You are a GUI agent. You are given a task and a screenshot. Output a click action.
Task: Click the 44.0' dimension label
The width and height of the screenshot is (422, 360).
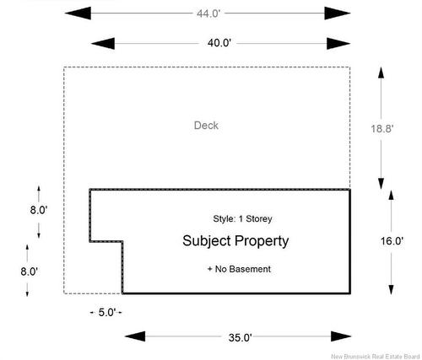pyautogui.click(x=208, y=13)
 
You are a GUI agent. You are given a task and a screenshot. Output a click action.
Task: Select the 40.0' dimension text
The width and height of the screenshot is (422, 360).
pyautogui.click(x=219, y=43)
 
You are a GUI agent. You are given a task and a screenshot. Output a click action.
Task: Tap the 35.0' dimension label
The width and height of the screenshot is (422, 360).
pyautogui.click(x=240, y=337)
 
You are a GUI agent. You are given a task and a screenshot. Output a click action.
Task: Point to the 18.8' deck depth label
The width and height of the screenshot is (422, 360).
pyautogui.click(x=381, y=129)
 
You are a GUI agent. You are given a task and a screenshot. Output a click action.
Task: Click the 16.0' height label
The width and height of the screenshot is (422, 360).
pyautogui.click(x=392, y=241)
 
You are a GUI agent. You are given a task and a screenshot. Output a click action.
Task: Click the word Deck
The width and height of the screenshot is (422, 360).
pyautogui.click(x=206, y=126)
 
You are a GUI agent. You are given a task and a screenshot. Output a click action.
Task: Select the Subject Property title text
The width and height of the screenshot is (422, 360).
pyautogui.click(x=235, y=241)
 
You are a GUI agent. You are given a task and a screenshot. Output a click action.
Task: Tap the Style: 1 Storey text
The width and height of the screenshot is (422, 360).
pyautogui.click(x=242, y=218)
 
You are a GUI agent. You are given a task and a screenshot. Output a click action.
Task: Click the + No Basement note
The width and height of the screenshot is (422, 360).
pyautogui.click(x=239, y=269)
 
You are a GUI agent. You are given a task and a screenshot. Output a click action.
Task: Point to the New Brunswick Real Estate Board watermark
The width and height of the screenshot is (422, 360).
pyautogui.click(x=375, y=357)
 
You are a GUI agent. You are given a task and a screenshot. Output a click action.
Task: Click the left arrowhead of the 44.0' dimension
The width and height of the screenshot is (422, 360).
pyautogui.click(x=78, y=13)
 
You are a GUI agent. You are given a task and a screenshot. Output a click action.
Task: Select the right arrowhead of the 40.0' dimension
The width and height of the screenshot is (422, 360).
pyautogui.click(x=338, y=44)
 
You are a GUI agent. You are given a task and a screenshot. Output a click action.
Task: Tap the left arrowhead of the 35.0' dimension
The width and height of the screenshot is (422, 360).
pyautogui.click(x=135, y=336)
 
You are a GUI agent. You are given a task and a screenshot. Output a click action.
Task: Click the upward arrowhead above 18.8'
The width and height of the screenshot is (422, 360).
pyautogui.click(x=381, y=73)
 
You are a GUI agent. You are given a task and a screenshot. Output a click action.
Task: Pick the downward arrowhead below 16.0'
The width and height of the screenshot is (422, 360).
pyautogui.click(x=391, y=289)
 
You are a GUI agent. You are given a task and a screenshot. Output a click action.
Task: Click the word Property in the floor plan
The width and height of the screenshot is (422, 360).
pyautogui.click(x=262, y=241)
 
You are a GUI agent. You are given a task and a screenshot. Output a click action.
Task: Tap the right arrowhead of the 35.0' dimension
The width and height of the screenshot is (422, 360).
pyautogui.click(x=341, y=336)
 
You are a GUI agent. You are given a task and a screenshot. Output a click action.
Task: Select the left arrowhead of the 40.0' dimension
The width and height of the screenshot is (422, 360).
pyautogui.click(x=103, y=44)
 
